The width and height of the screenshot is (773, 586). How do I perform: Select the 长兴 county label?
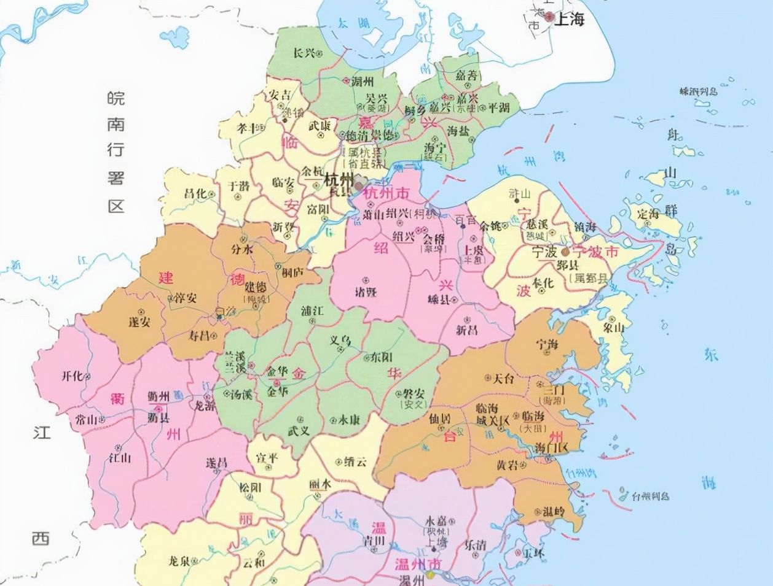(x=304, y=53)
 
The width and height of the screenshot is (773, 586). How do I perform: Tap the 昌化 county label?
(x=195, y=193)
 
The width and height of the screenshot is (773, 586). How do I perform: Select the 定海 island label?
(x=648, y=215)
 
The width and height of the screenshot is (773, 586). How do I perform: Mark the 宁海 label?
(x=547, y=344)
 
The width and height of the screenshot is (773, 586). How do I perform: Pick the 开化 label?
(x=72, y=376)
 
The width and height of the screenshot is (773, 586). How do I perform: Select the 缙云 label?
(x=355, y=461)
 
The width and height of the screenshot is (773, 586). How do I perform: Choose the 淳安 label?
(x=186, y=298)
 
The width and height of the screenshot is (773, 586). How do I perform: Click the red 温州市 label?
(x=418, y=563)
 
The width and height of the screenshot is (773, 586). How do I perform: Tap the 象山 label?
(x=614, y=328)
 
